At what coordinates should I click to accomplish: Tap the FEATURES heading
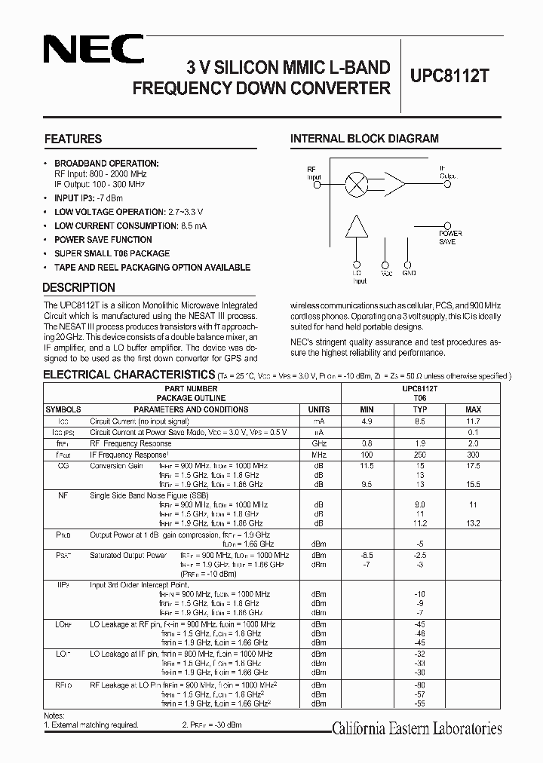[x=73, y=139]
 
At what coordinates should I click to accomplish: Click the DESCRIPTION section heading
[x=79, y=287]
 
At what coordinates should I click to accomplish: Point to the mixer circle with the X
[x=355, y=183]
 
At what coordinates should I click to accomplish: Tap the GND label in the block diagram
[x=409, y=274]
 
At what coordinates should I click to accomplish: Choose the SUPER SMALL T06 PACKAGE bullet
[x=112, y=253]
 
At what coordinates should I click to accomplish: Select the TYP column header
[x=420, y=409]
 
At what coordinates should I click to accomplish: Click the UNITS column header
[x=318, y=409]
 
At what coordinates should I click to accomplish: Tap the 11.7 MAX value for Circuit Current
[x=472, y=421]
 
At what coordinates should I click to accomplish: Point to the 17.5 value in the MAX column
[x=472, y=466]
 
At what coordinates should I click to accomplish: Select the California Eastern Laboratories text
[x=417, y=728]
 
